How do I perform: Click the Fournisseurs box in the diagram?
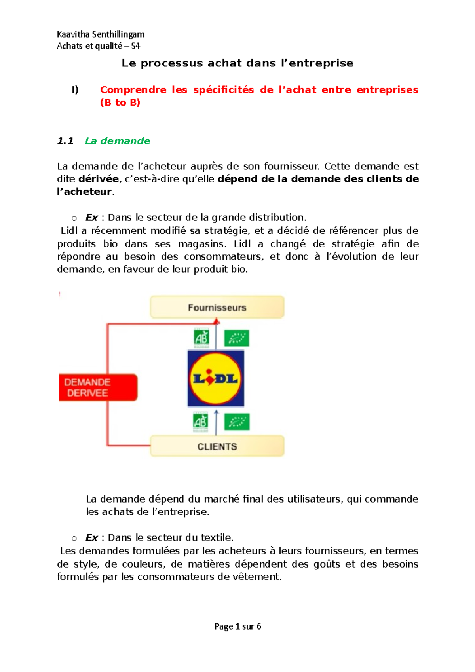[217, 307]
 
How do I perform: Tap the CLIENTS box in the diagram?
[217, 446]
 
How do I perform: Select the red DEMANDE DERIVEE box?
[98, 387]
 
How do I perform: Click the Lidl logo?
[216, 379]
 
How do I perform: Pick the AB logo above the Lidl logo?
[201, 338]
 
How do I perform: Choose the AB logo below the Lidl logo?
[200, 422]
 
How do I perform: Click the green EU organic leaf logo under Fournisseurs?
[237, 338]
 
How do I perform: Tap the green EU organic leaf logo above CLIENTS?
[237, 422]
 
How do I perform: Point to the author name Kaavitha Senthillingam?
[101, 34]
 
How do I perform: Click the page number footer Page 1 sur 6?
[237, 626]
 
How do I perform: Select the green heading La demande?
[118, 141]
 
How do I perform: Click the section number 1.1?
[65, 141]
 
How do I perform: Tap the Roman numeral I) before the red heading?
[75, 90]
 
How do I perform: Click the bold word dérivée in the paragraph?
[99, 179]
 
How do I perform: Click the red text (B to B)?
[120, 103]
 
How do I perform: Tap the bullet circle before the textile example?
[74, 538]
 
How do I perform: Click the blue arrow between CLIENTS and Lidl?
[216, 423]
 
